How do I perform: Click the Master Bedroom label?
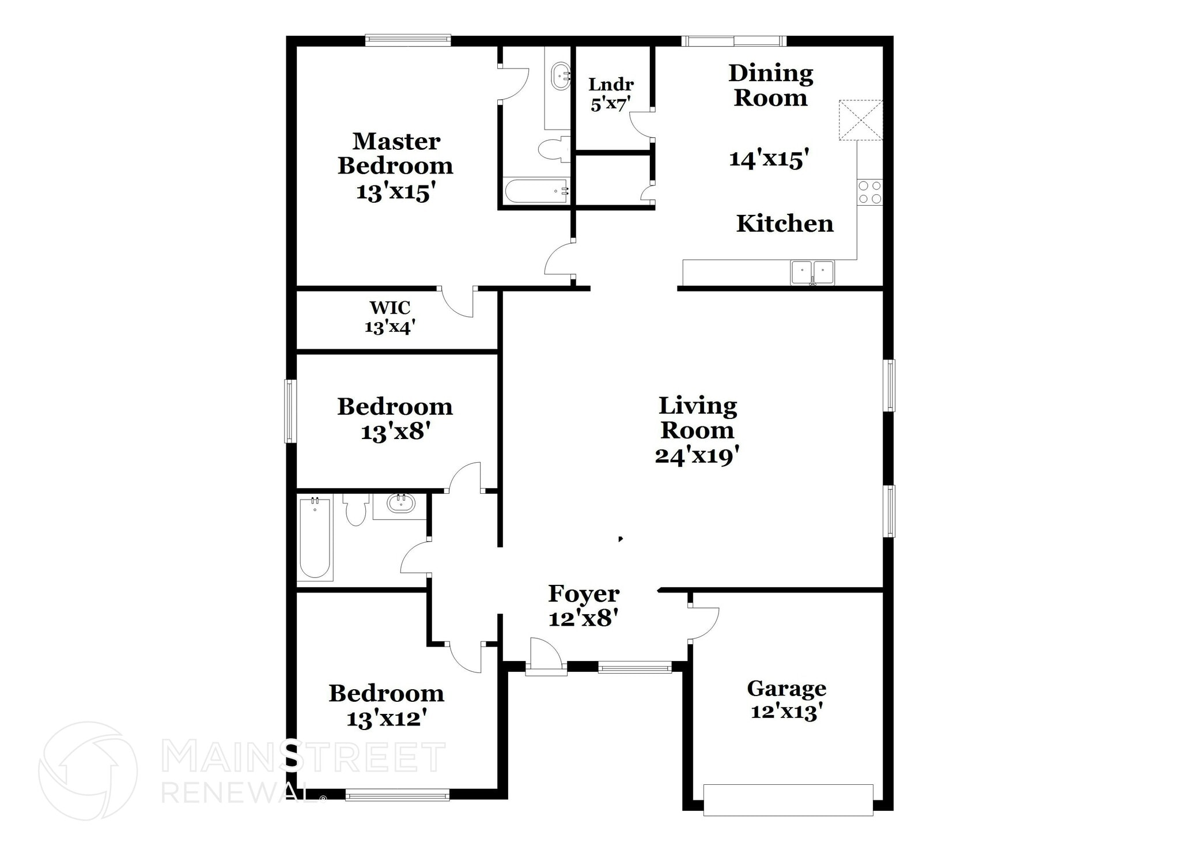pyautogui.click(x=395, y=153)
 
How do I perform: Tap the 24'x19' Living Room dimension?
pyautogui.click(x=697, y=456)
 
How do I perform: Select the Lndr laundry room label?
pyautogui.click(x=611, y=85)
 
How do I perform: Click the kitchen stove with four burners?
pyautogui.click(x=869, y=192)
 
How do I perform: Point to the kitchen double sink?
pyautogui.click(x=812, y=272)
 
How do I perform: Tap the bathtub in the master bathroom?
pyautogui.click(x=536, y=191)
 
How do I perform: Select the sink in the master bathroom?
pyautogui.click(x=561, y=76)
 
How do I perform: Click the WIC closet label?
pyautogui.click(x=390, y=307)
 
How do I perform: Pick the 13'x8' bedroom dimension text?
pyautogui.click(x=396, y=432)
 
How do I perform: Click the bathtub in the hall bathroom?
pyautogui.click(x=315, y=538)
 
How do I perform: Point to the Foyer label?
pyautogui.click(x=584, y=594)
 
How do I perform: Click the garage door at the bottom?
pyautogui.click(x=788, y=799)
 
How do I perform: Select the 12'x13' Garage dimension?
pyautogui.click(x=786, y=712)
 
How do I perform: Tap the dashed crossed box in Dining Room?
pyautogui.click(x=860, y=120)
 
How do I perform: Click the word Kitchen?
pyautogui.click(x=785, y=224)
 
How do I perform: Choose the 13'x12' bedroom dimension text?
pyautogui.click(x=387, y=719)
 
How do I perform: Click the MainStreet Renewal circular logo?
pyautogui.click(x=88, y=770)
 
